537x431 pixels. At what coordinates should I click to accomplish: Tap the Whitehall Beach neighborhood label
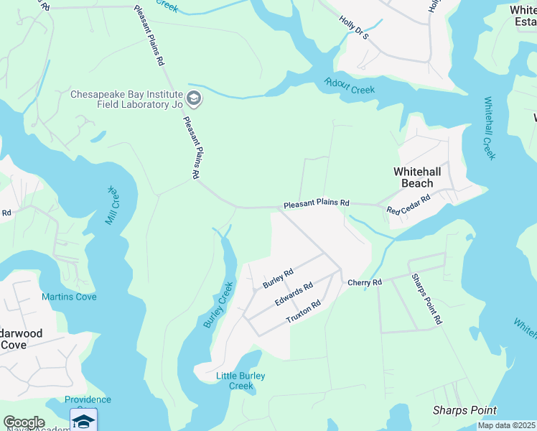423,177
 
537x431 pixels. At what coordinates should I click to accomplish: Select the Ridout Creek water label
350,86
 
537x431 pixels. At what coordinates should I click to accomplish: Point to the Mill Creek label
112,205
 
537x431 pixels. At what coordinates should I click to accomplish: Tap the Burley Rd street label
278,278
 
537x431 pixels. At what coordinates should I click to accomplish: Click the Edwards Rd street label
295,295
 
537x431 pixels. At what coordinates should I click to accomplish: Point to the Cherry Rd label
365,282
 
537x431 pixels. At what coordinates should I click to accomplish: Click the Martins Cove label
69,297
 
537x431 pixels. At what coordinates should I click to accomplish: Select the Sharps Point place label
464,410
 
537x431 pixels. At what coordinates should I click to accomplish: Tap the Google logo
24,422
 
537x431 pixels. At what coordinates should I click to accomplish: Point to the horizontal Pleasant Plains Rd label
316,204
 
